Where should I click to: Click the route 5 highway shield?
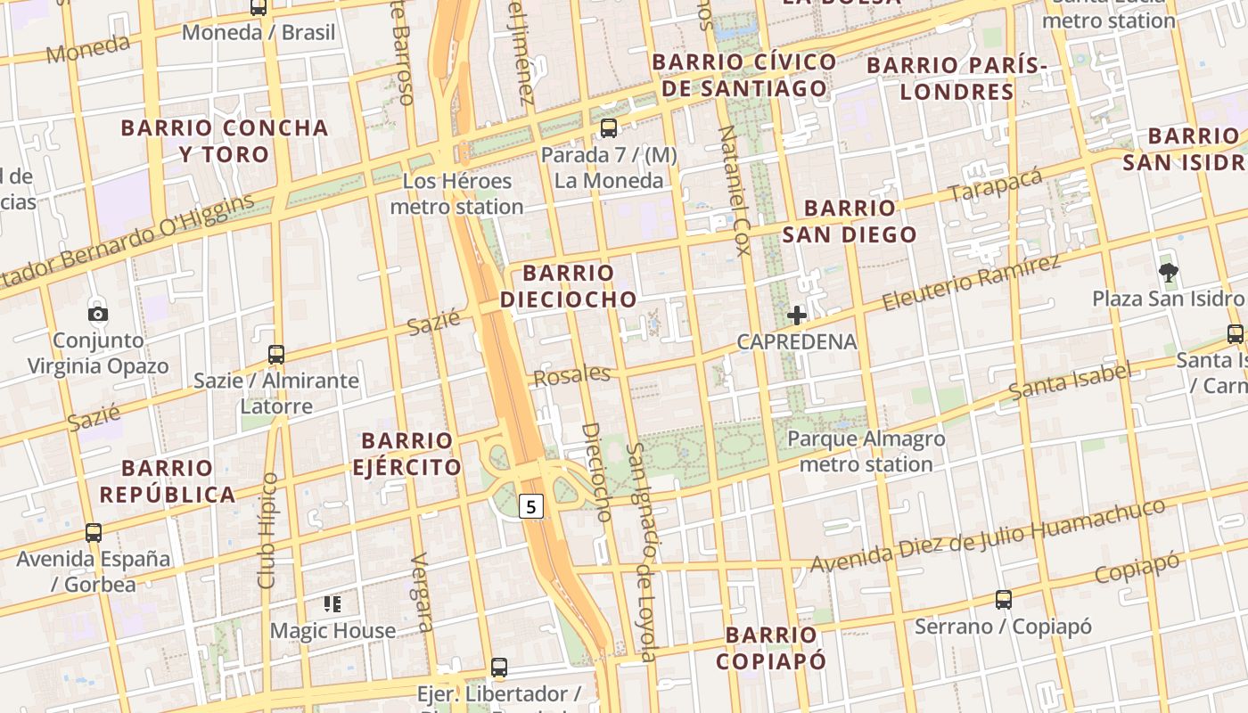[x=531, y=507]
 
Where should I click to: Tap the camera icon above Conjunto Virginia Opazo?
[x=98, y=314]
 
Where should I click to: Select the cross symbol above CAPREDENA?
[x=797, y=315]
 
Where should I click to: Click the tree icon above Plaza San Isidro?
[x=1167, y=272]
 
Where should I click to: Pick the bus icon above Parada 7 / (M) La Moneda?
[x=609, y=128]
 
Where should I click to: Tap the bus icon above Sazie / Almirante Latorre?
[x=276, y=354]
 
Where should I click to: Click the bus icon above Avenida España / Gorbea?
[x=94, y=533]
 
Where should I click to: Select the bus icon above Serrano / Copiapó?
[x=1004, y=600]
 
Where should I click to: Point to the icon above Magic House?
[x=333, y=604]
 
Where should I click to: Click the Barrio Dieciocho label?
[x=569, y=286]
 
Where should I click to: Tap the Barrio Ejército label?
[x=406, y=454]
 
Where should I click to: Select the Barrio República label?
[x=168, y=481]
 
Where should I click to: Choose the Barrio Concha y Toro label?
[x=225, y=141]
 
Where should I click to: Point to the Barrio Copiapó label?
[x=770, y=648]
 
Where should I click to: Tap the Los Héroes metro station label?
[x=456, y=194]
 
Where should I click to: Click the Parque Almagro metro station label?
[x=866, y=452]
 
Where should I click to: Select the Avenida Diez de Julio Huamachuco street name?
[x=987, y=536]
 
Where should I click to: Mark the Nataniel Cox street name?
[x=735, y=191]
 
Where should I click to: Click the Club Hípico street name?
[x=267, y=530]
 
